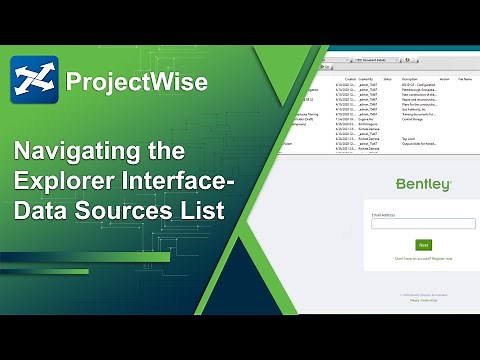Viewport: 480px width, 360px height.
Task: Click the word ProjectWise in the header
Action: coord(136,80)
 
